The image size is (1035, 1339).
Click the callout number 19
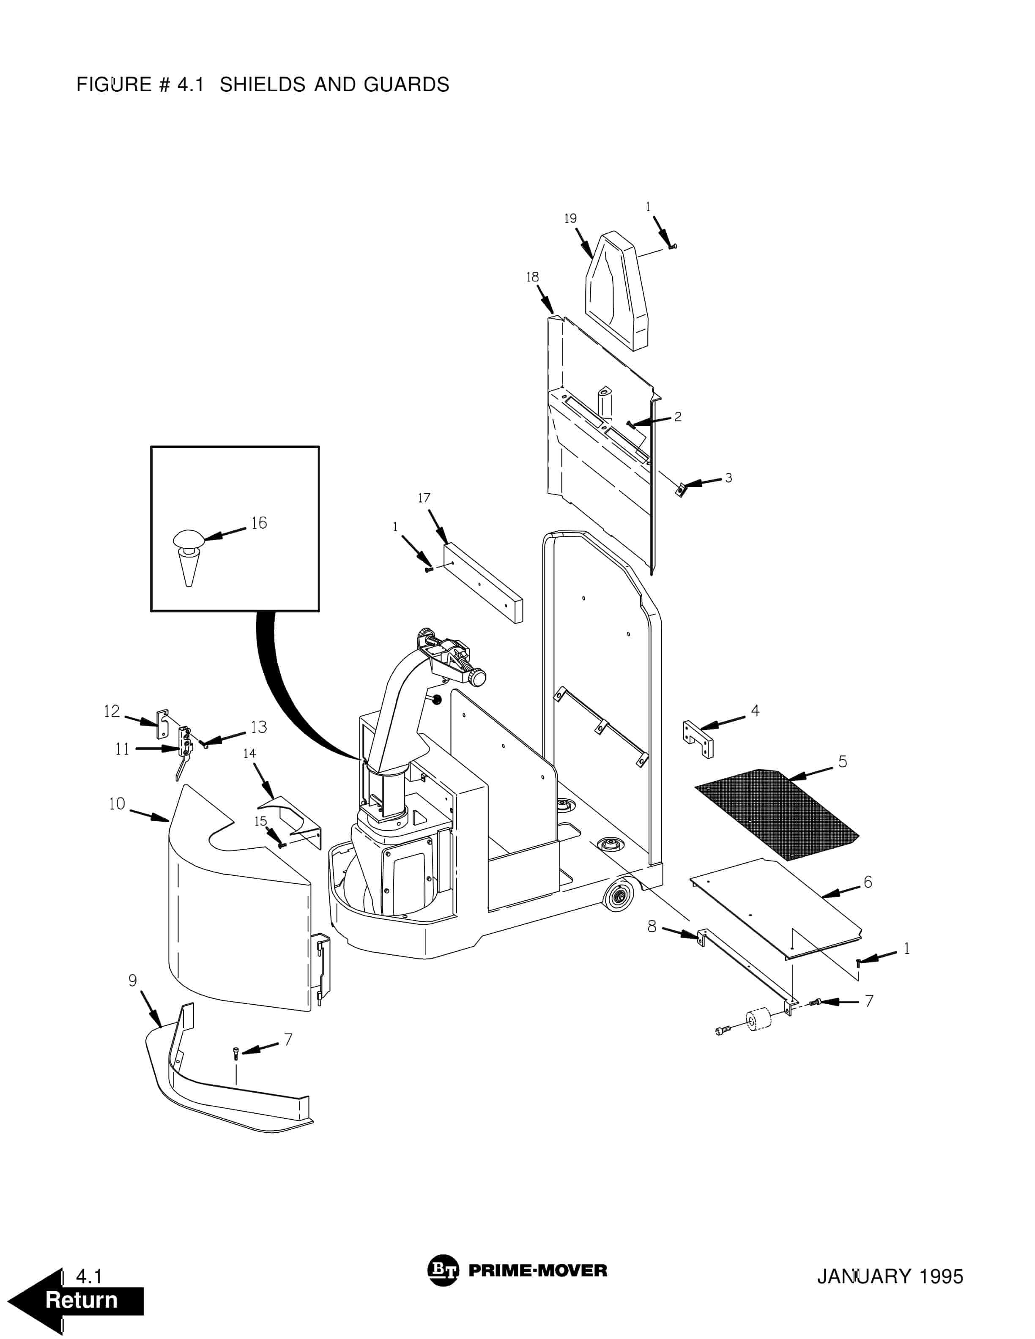[x=570, y=218]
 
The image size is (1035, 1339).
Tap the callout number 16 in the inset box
[x=259, y=523]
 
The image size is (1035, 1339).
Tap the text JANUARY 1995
[x=890, y=1276]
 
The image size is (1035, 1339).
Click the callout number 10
[x=117, y=804]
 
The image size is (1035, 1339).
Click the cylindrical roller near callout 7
[x=760, y=1021]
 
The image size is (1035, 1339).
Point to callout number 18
[x=532, y=277]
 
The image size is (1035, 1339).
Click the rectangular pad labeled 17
[x=482, y=582]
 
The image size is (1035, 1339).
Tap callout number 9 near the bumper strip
[x=132, y=980]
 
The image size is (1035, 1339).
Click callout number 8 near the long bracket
[x=652, y=926]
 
